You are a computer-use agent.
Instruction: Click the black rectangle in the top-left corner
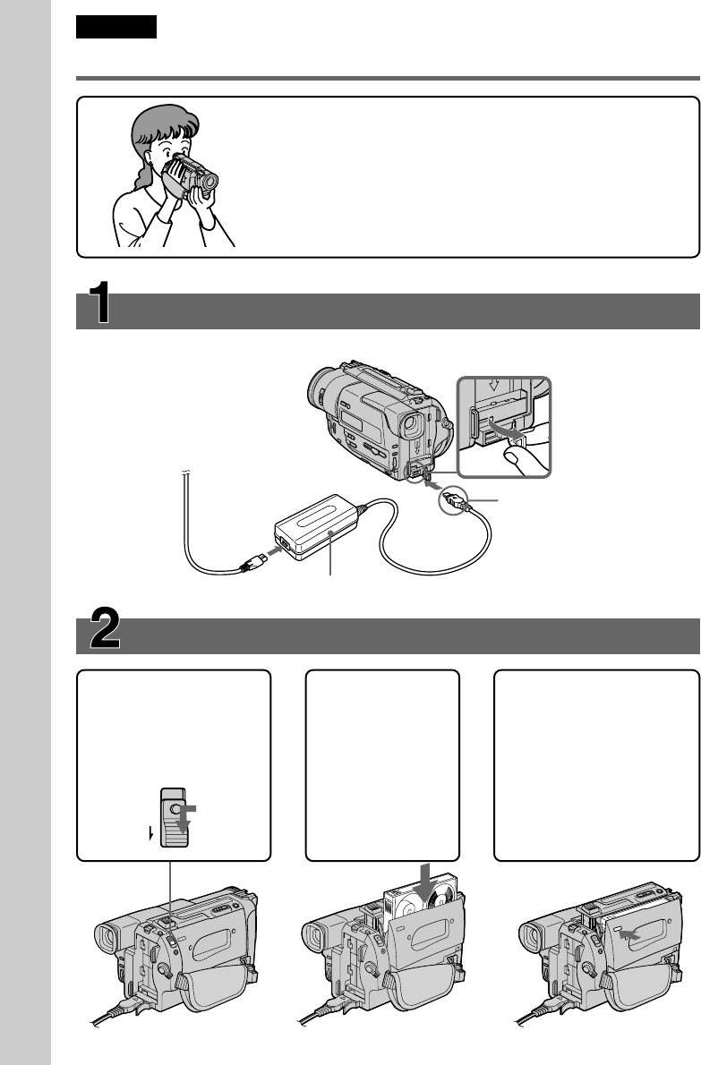(116, 27)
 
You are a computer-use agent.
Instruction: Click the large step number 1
(100, 302)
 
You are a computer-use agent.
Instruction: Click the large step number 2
(106, 628)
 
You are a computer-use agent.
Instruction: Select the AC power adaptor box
(317, 527)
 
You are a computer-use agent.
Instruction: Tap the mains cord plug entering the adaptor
(254, 561)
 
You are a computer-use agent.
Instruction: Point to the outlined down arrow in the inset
(494, 384)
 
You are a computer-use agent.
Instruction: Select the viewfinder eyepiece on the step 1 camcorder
(412, 425)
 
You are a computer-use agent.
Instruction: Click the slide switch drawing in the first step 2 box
(173, 818)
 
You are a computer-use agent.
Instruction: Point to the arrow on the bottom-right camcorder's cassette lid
(629, 935)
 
